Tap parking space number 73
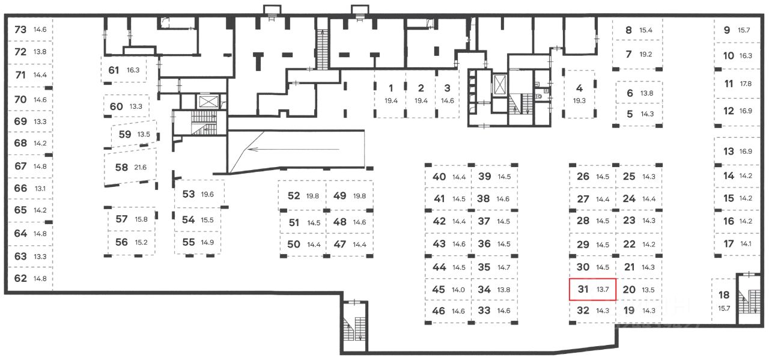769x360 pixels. [20, 29]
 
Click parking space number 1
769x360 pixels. [391, 88]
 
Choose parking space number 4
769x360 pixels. [579, 88]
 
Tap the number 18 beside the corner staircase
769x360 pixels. [724, 295]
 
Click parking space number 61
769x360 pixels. [114, 70]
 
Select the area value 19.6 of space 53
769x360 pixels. [207, 194]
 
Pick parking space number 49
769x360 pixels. [340, 195]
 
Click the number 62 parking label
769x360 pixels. [20, 278]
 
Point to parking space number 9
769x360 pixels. [727, 30]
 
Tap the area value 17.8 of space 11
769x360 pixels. [746, 84]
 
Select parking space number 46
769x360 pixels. [439, 311]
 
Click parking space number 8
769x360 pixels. [629, 30]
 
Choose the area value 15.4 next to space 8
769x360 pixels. [646, 30]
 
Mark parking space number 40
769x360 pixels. [439, 177]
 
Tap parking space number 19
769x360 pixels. [629, 311]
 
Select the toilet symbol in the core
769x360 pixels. [539, 94]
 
